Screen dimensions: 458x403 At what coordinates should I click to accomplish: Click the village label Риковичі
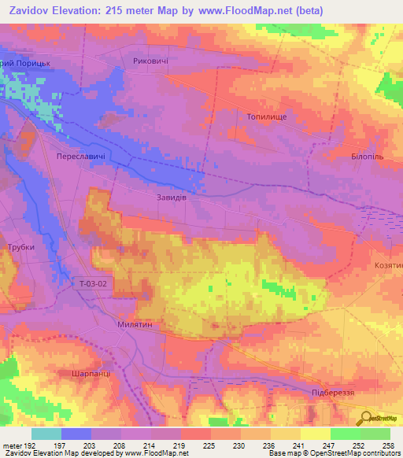click(151, 61)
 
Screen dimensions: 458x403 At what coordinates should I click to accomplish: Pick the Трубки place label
click(21, 247)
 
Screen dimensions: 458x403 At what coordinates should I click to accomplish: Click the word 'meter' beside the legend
click(13, 445)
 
